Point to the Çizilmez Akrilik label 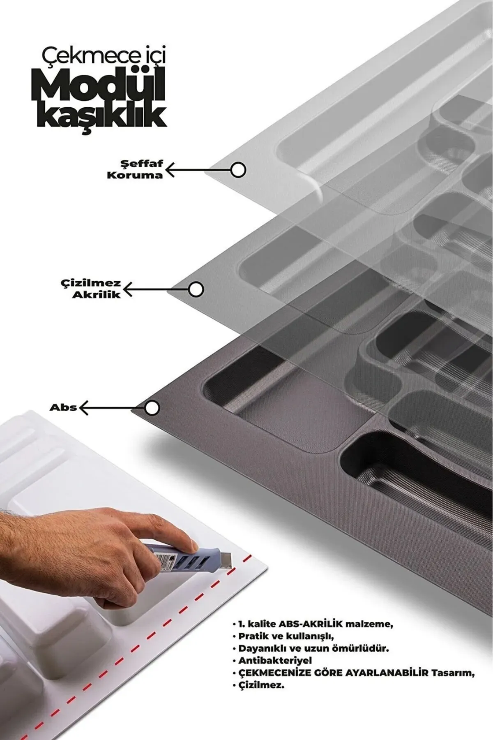(97, 289)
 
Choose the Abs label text (63, 407)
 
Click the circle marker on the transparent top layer (238, 169)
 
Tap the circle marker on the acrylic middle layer (196, 289)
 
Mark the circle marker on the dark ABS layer (152, 408)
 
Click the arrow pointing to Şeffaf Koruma (197, 169)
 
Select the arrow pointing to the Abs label (111, 408)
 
